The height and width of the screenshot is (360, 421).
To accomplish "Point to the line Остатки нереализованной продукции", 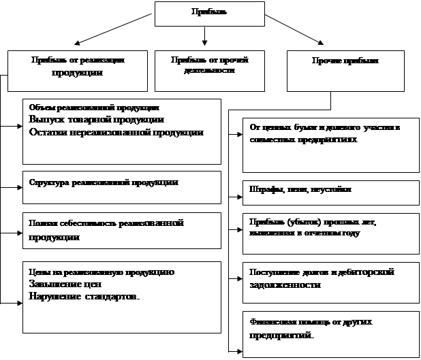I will coord(116,132).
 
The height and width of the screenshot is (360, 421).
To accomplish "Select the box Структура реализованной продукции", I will coord(121,187).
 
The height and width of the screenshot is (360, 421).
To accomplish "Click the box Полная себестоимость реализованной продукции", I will coord(121,230).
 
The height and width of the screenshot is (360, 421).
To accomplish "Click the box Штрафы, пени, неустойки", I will coord(331,193).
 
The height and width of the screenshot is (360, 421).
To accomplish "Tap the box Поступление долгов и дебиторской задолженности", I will coord(331,280).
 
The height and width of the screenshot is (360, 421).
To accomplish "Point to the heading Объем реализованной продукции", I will coord(94,108).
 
